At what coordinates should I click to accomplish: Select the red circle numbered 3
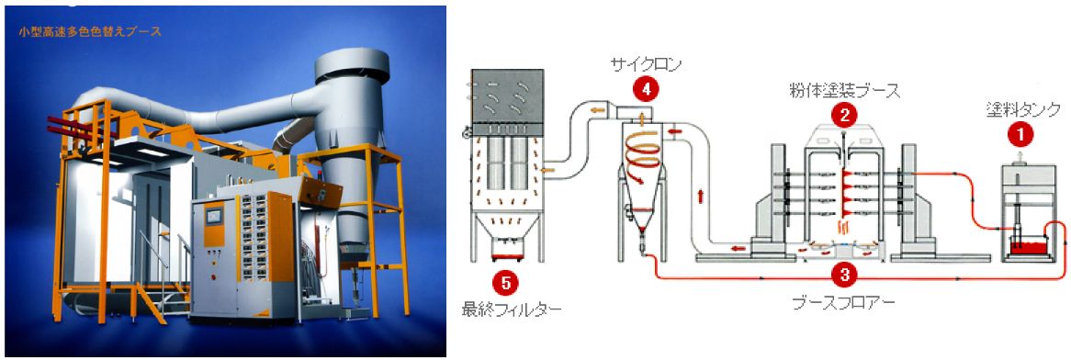[845, 275]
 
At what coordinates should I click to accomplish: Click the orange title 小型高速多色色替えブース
[89, 31]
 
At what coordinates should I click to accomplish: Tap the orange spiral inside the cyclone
[643, 156]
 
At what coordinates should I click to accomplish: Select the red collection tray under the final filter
[506, 255]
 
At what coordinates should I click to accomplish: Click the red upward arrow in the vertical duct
[699, 196]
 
